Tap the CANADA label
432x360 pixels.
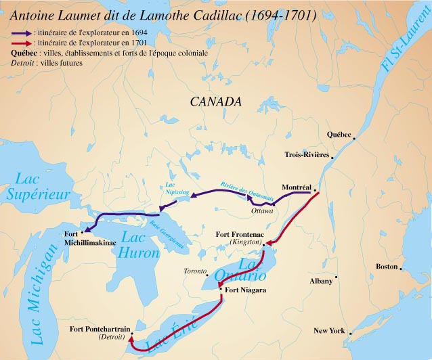pos(215,102)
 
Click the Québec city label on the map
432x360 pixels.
pos(339,135)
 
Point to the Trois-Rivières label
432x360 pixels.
pos(307,155)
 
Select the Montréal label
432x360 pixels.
pos(296,187)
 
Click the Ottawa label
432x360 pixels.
pos(261,211)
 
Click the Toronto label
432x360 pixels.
pos(196,271)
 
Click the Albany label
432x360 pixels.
pos(321,281)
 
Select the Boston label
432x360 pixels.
pos(387,267)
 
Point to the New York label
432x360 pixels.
pos(329,331)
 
